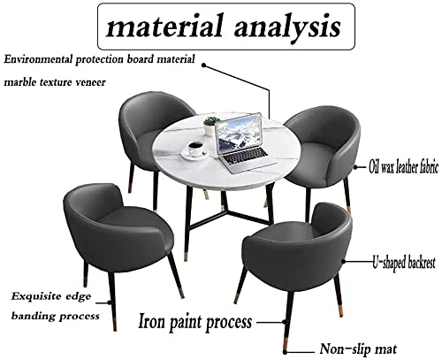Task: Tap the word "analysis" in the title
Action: pyautogui.click(x=287, y=27)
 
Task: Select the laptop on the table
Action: pyautogui.click(x=243, y=142)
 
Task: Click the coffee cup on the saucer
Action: pyautogui.click(x=195, y=149)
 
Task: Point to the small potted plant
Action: pyautogui.click(x=211, y=126)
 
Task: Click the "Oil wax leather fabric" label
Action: pyautogui.click(x=403, y=167)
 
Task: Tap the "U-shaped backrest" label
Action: pyautogui.click(x=404, y=263)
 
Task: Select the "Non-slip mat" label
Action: pyautogui.click(x=358, y=349)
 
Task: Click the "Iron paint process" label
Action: pyautogui.click(x=195, y=322)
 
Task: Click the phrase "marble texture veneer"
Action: pyautogui.click(x=55, y=82)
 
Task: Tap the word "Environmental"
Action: pyautogui.click(x=38, y=59)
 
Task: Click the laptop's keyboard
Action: pyautogui.click(x=246, y=156)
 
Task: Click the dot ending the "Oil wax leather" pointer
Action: pyautogui.click(x=355, y=167)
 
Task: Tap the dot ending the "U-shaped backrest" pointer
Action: pyautogui.click(x=344, y=261)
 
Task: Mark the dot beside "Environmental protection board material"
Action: pyautogui.click(x=204, y=65)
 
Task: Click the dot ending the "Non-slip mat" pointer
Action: pyautogui.click(x=285, y=352)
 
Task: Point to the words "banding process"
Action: pyautogui.click(x=55, y=317)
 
